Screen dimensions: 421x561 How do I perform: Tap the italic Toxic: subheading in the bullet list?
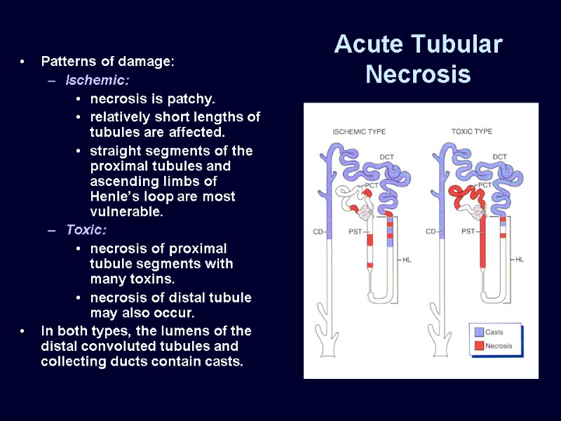(86, 229)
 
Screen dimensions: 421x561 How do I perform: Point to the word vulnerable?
(126, 212)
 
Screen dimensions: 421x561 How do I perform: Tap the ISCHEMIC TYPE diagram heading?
(358, 131)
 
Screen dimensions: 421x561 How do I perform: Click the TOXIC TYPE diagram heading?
(471, 131)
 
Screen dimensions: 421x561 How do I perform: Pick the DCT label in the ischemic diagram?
(387, 156)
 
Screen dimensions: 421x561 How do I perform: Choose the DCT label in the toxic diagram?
(499, 156)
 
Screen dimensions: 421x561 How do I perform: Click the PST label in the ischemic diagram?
(356, 231)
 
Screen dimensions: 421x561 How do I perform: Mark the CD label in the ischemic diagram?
(318, 231)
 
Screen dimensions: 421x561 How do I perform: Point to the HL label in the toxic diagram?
(520, 259)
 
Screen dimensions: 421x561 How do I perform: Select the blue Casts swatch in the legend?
(478, 332)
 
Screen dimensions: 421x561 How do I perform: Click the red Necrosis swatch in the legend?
(478, 345)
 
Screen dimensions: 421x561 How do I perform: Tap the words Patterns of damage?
(107, 62)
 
